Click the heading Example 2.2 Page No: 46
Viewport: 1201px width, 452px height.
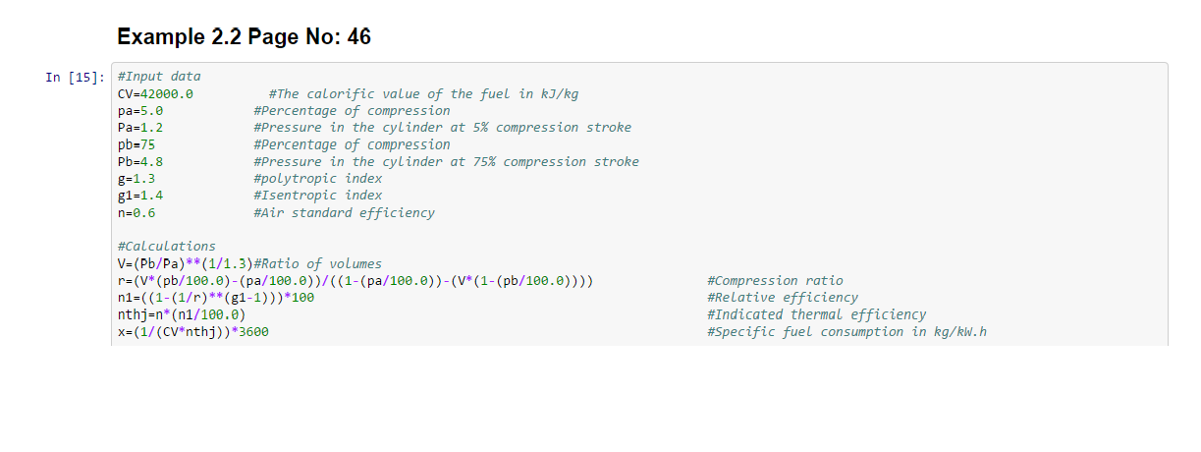244,36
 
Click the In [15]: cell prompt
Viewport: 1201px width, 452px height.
75,78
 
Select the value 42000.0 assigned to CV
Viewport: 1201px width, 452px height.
167,94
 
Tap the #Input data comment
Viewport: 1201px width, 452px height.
159,77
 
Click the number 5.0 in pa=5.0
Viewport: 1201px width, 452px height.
152,111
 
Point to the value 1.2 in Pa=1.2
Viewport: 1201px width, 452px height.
152,128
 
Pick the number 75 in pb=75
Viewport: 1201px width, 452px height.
148,144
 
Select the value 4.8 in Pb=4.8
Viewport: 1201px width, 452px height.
152,162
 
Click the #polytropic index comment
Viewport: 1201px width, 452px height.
318,179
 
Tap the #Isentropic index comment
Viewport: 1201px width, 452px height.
318,196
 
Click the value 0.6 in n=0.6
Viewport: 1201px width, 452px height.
144,213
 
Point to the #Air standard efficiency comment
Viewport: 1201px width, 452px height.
345,213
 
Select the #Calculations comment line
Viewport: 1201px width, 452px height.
167,246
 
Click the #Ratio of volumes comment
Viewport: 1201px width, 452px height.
318,263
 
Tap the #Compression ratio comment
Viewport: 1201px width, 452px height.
775,280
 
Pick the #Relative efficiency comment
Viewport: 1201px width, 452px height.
783,298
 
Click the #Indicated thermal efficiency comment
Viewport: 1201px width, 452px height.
817,314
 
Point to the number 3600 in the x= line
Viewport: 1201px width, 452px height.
253,332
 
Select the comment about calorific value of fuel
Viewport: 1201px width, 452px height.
423,94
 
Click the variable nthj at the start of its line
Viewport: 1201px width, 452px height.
133,314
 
